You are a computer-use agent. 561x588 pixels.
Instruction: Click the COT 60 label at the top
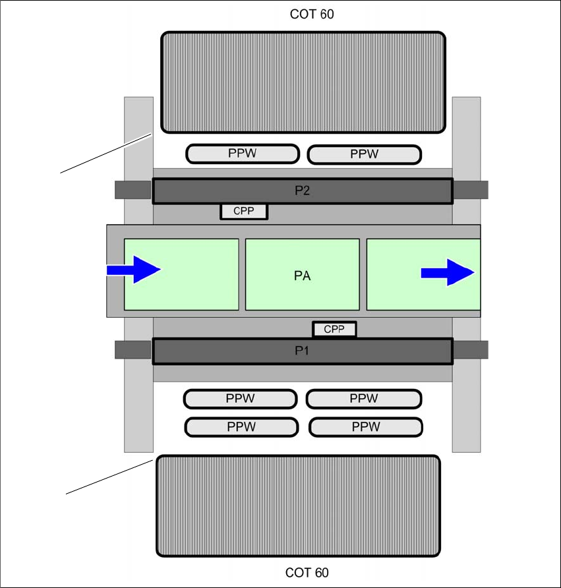click(312, 14)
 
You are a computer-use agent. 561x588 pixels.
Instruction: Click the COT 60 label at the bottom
click(307, 573)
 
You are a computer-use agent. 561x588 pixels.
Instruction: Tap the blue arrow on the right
click(448, 272)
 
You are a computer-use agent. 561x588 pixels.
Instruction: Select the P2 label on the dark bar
click(302, 191)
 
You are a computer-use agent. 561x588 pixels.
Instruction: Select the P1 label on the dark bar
click(302, 351)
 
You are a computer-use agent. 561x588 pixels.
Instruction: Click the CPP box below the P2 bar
click(244, 212)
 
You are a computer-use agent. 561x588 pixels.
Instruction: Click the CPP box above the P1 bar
click(334, 329)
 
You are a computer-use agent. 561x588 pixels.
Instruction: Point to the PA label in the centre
click(302, 276)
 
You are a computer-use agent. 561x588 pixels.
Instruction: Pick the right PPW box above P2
click(364, 154)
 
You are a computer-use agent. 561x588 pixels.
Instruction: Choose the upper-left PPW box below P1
click(240, 399)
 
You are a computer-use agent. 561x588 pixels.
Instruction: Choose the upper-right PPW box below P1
click(363, 399)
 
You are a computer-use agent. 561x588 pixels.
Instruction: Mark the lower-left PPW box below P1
click(241, 426)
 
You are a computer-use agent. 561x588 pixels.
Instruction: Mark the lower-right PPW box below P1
click(365, 426)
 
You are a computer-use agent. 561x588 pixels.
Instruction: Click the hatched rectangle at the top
click(303, 82)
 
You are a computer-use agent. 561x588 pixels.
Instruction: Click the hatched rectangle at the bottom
click(298, 506)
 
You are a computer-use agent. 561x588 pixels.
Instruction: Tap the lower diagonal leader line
click(109, 477)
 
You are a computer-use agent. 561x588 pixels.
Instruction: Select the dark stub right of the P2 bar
click(470, 190)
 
